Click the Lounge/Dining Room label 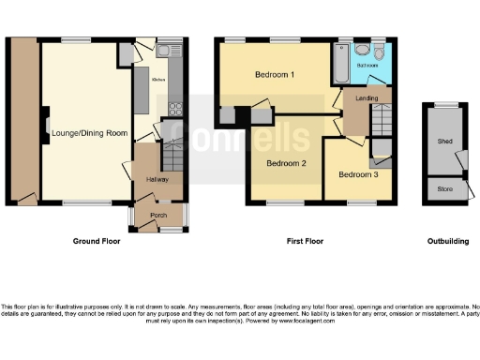89,134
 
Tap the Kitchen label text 158,80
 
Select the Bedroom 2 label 286,163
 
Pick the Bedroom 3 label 358,174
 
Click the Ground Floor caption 100,242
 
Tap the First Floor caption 306,242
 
